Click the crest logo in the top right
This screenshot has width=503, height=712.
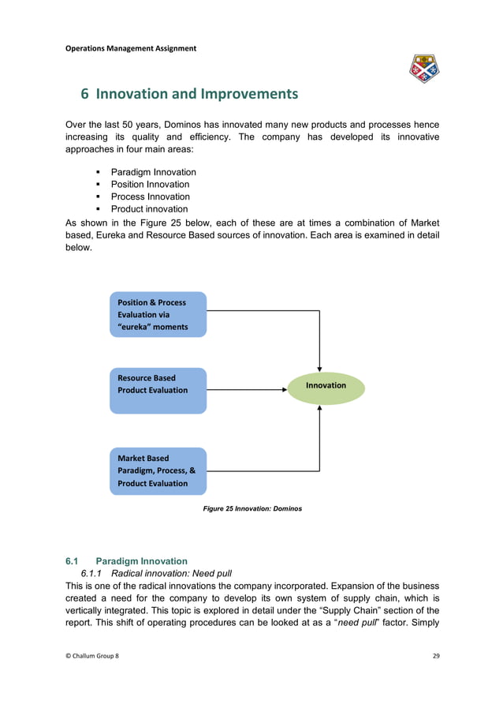pyautogui.click(x=424, y=69)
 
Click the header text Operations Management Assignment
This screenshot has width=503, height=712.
pyautogui.click(x=130, y=48)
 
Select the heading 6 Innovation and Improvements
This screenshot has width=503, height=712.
pyautogui.click(x=190, y=94)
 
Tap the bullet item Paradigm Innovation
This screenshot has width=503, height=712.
pyautogui.click(x=153, y=172)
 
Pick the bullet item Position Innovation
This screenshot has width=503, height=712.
pyautogui.click(x=150, y=184)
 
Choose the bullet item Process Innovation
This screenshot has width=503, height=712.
pyautogui.click(x=150, y=197)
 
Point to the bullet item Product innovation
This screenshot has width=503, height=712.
pyautogui.click(x=149, y=209)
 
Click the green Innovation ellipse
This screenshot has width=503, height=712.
pyautogui.click(x=326, y=386)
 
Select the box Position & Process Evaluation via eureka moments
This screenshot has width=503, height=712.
pyautogui.click(x=158, y=314)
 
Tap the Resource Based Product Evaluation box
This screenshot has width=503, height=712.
pyautogui.click(x=158, y=390)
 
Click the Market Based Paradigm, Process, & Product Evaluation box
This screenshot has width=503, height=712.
pyautogui.click(x=158, y=470)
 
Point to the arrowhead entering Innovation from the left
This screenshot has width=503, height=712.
pyautogui.click(x=284, y=389)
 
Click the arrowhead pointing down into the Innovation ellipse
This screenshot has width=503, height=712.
pyautogui.click(x=319, y=368)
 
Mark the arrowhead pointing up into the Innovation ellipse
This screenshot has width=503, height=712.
pyautogui.click(x=319, y=409)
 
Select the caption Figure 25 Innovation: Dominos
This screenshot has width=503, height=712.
pyautogui.click(x=252, y=509)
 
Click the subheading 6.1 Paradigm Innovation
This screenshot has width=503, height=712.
pyautogui.click(x=126, y=561)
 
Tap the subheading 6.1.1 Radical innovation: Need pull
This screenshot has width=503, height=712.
pyautogui.click(x=158, y=574)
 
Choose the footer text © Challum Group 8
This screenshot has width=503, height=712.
pyautogui.click(x=92, y=657)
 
